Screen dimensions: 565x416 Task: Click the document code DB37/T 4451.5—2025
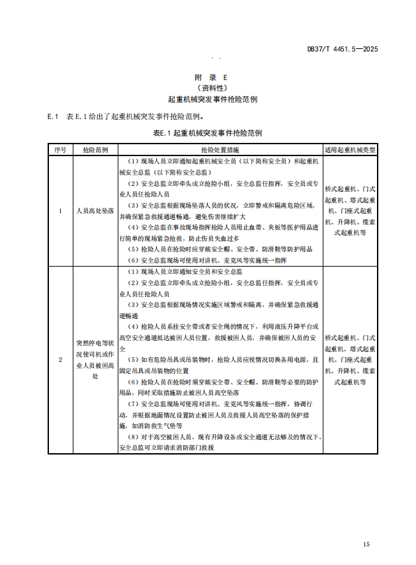click(x=343, y=49)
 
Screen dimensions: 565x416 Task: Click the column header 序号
click(x=60, y=150)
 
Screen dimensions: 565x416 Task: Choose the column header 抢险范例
click(x=95, y=150)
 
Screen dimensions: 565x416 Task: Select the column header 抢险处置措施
click(x=220, y=150)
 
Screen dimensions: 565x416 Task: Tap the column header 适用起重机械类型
click(x=350, y=150)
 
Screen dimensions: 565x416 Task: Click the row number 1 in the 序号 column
click(x=60, y=211)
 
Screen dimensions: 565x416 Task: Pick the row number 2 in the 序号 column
click(x=60, y=359)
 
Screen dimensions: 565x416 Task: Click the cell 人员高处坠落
click(x=95, y=211)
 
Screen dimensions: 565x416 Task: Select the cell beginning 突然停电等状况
click(x=95, y=359)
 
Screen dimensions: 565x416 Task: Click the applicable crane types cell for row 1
click(x=350, y=211)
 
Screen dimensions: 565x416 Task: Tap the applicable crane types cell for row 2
click(x=350, y=359)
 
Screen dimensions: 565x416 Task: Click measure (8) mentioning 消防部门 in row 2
click(x=220, y=443)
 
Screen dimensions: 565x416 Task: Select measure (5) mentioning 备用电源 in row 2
click(x=220, y=365)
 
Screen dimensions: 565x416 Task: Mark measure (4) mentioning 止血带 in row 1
click(x=220, y=232)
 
